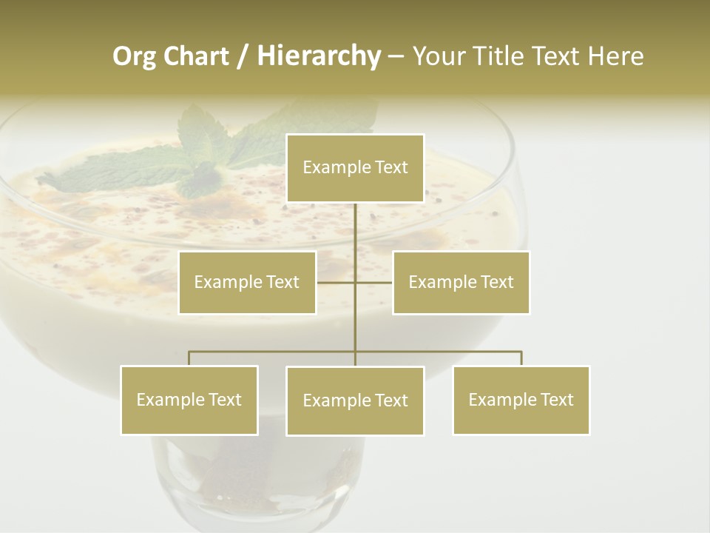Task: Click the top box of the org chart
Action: click(355, 168)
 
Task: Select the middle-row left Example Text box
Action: click(247, 282)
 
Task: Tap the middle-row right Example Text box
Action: click(461, 282)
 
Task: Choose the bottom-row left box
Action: click(189, 400)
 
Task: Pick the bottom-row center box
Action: click(355, 400)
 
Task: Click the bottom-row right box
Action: click(521, 400)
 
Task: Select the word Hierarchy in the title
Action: click(318, 56)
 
